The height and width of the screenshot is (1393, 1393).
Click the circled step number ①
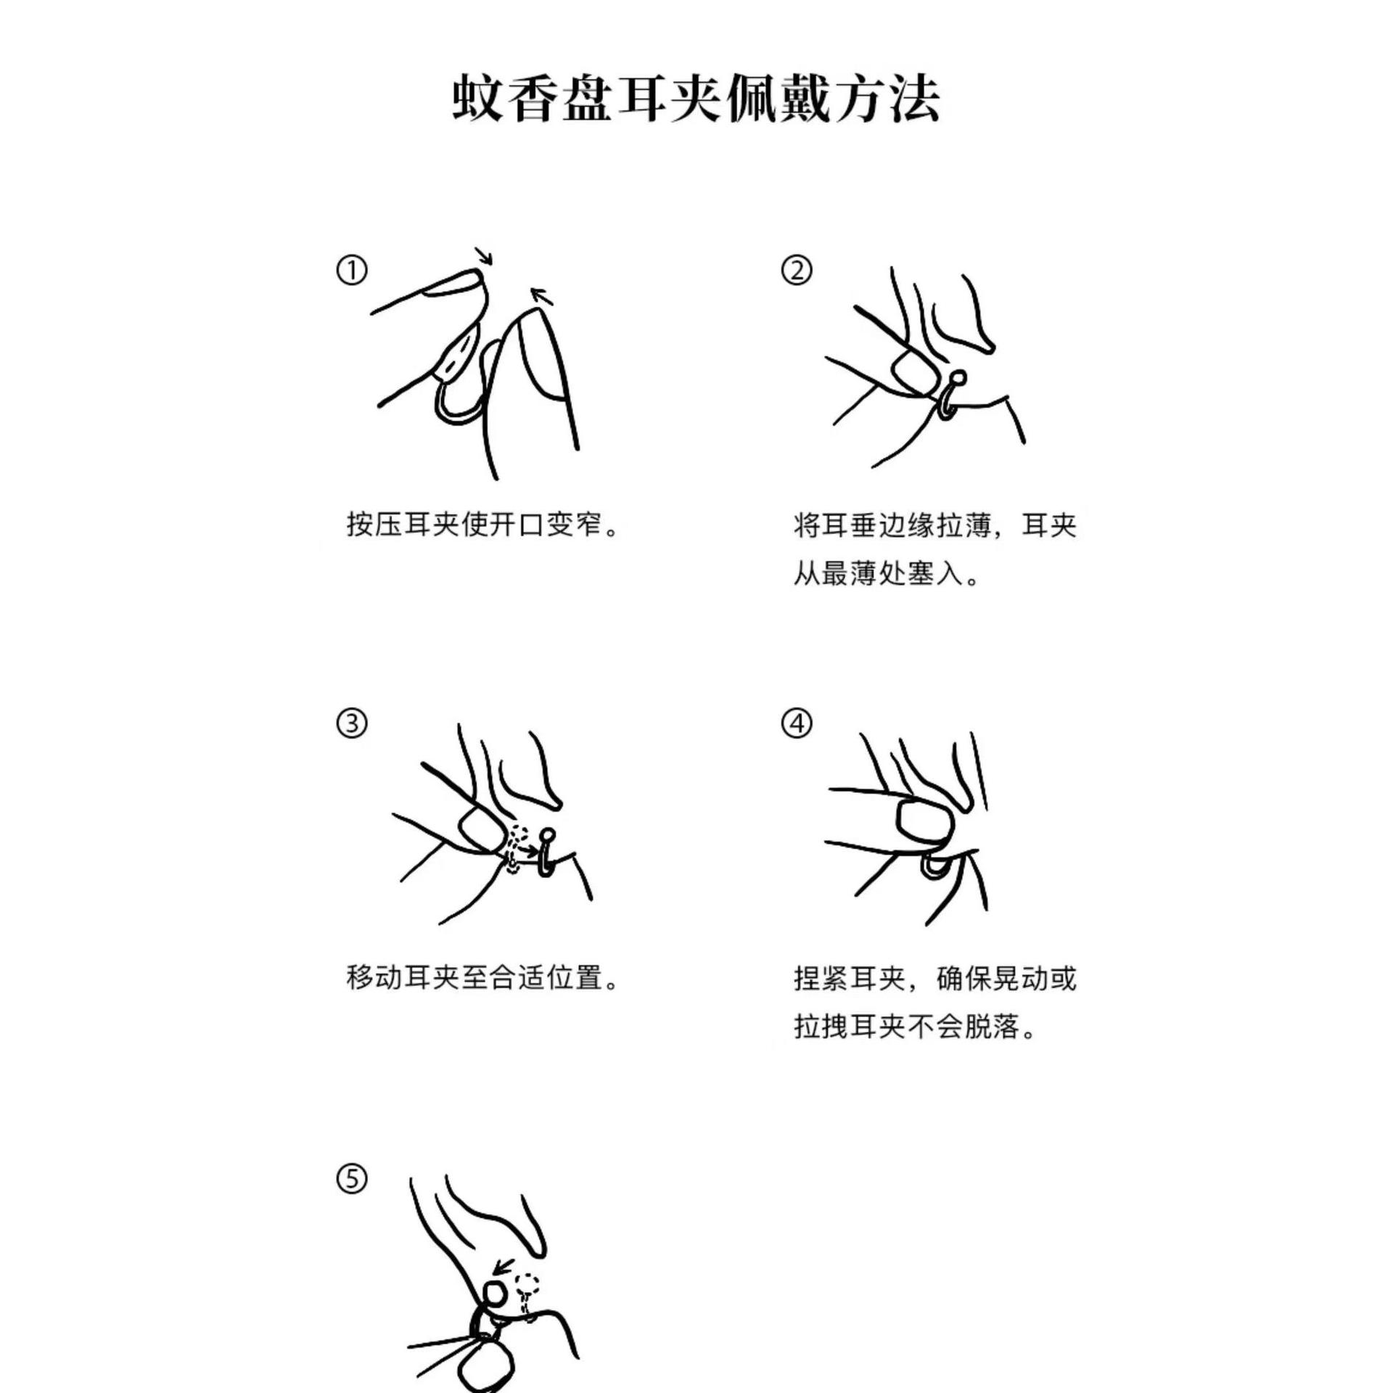tap(352, 271)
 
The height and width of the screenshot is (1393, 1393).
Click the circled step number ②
tap(797, 271)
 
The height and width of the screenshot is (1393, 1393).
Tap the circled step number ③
tap(352, 723)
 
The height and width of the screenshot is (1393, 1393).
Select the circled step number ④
tap(797, 723)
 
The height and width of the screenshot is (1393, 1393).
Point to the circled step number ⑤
tap(352, 1179)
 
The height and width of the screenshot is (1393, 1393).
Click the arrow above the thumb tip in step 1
tap(541, 295)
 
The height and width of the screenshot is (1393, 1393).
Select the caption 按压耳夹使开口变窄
tap(483, 525)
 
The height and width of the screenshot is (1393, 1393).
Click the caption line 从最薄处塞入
tap(887, 575)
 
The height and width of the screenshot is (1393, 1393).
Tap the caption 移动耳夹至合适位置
tap(483, 977)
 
